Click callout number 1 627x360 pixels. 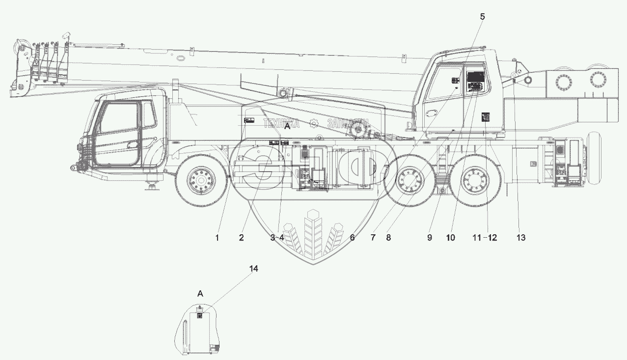click(217, 238)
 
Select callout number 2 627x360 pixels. click(241, 238)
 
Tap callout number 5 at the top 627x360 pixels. click(482, 16)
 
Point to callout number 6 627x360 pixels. click(352, 238)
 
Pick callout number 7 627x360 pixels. click(373, 238)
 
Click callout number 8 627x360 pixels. click(388, 238)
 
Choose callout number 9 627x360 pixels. click(429, 238)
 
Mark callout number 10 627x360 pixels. click(450, 238)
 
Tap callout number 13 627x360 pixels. click(520, 238)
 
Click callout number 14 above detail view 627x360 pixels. click(253, 269)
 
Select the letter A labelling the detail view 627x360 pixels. click(200, 294)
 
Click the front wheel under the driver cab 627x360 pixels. click(201, 181)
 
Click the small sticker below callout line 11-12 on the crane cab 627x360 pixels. click(486, 116)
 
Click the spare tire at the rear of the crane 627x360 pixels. click(595, 158)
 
